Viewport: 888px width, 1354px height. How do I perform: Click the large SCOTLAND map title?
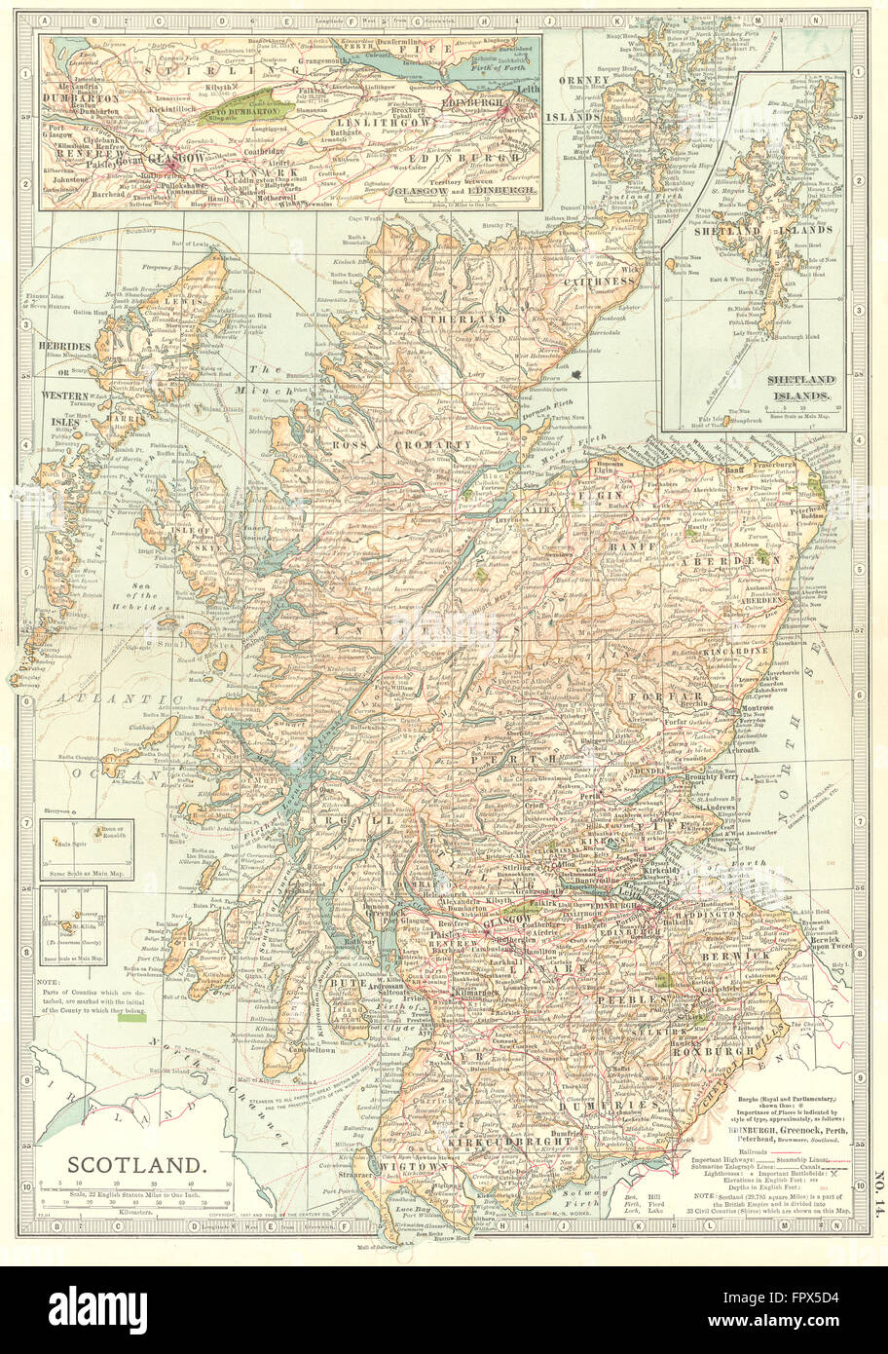pyautogui.click(x=135, y=1164)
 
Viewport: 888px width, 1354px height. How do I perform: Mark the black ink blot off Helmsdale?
pyautogui.click(x=581, y=372)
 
